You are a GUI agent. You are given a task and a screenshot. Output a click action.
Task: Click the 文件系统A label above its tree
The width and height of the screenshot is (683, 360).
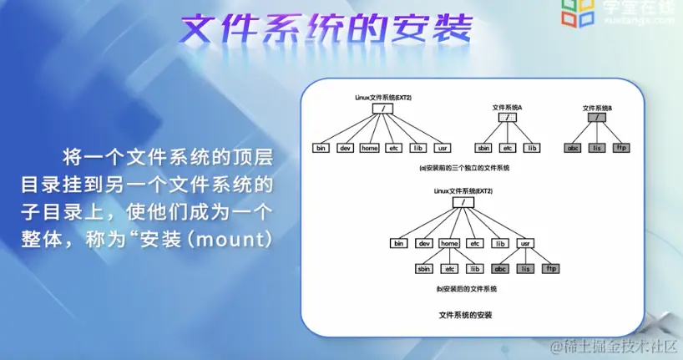click(x=507, y=108)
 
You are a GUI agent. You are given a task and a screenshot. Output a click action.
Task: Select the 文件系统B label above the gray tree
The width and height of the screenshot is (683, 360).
click(x=596, y=108)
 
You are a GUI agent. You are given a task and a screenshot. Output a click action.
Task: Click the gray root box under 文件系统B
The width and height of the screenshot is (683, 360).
click(x=596, y=118)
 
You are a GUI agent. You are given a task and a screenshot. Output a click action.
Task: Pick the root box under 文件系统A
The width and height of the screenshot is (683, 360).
click(x=507, y=118)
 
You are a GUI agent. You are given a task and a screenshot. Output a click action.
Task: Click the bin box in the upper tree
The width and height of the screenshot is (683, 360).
click(x=321, y=148)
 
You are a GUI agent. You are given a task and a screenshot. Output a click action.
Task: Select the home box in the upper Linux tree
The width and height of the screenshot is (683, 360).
click(x=369, y=148)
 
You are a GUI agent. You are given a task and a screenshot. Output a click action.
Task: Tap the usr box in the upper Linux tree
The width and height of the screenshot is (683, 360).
click(x=443, y=148)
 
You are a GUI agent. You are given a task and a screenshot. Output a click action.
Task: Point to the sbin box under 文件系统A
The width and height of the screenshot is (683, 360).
click(x=483, y=148)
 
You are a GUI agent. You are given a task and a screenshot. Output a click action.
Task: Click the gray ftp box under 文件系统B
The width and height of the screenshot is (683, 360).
click(x=620, y=148)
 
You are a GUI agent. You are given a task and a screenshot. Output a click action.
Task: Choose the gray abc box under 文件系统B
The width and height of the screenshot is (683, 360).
click(x=573, y=148)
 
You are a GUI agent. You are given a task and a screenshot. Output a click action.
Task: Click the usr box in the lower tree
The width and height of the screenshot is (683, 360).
click(x=525, y=243)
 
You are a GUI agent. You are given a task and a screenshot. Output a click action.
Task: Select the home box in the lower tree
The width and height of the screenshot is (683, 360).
click(x=449, y=243)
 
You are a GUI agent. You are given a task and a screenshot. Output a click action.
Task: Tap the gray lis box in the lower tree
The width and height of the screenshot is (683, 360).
click(x=525, y=268)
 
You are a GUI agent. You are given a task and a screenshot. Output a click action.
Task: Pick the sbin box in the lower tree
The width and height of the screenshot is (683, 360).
click(x=425, y=268)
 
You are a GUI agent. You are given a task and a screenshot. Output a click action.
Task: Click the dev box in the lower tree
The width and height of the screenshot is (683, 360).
click(x=424, y=243)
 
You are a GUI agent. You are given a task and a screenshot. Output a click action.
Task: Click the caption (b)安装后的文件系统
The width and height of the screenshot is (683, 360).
click(x=465, y=288)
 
